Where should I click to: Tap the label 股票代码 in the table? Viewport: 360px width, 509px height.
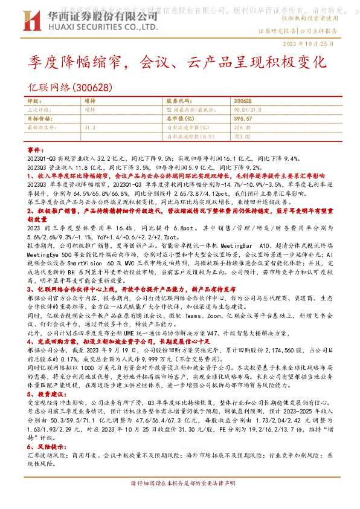click(178, 101)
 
